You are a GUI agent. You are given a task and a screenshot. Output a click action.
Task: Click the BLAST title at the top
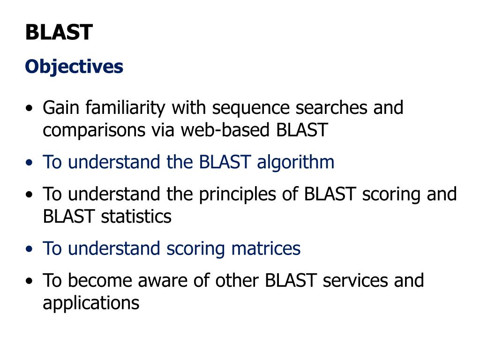[x=59, y=32]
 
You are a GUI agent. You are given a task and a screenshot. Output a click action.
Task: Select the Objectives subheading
[x=74, y=67]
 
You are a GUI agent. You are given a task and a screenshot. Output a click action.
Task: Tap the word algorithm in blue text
[x=295, y=163]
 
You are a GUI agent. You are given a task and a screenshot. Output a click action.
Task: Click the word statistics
[x=136, y=217]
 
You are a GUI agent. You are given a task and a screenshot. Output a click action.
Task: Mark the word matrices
[x=266, y=248]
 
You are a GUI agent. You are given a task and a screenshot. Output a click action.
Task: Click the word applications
[x=91, y=303]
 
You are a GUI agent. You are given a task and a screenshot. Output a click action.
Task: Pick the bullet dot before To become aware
[x=30, y=282]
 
